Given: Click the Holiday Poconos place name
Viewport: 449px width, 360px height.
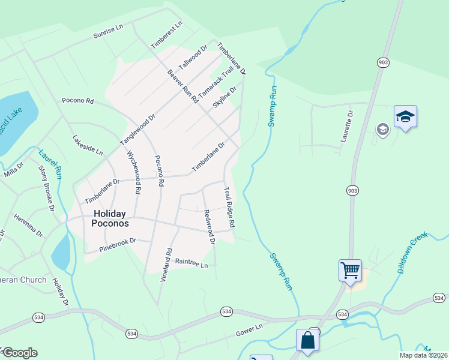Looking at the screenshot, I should click(x=109, y=218).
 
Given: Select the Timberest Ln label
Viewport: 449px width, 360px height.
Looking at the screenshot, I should click(x=167, y=35).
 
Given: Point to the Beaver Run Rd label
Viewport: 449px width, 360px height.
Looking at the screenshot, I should click(x=182, y=86).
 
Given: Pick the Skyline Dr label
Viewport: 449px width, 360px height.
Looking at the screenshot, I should click(x=225, y=97).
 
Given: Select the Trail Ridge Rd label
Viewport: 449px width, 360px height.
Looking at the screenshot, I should click(x=229, y=206).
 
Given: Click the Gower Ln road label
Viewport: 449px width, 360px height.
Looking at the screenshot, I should click(x=249, y=329).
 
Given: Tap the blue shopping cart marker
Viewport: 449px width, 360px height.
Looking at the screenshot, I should click(x=350, y=269).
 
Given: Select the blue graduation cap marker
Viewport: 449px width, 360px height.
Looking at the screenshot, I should click(x=405, y=116).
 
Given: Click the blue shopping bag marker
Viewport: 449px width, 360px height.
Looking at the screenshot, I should click(x=308, y=340).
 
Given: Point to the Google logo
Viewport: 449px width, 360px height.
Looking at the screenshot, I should click(x=19, y=352).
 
